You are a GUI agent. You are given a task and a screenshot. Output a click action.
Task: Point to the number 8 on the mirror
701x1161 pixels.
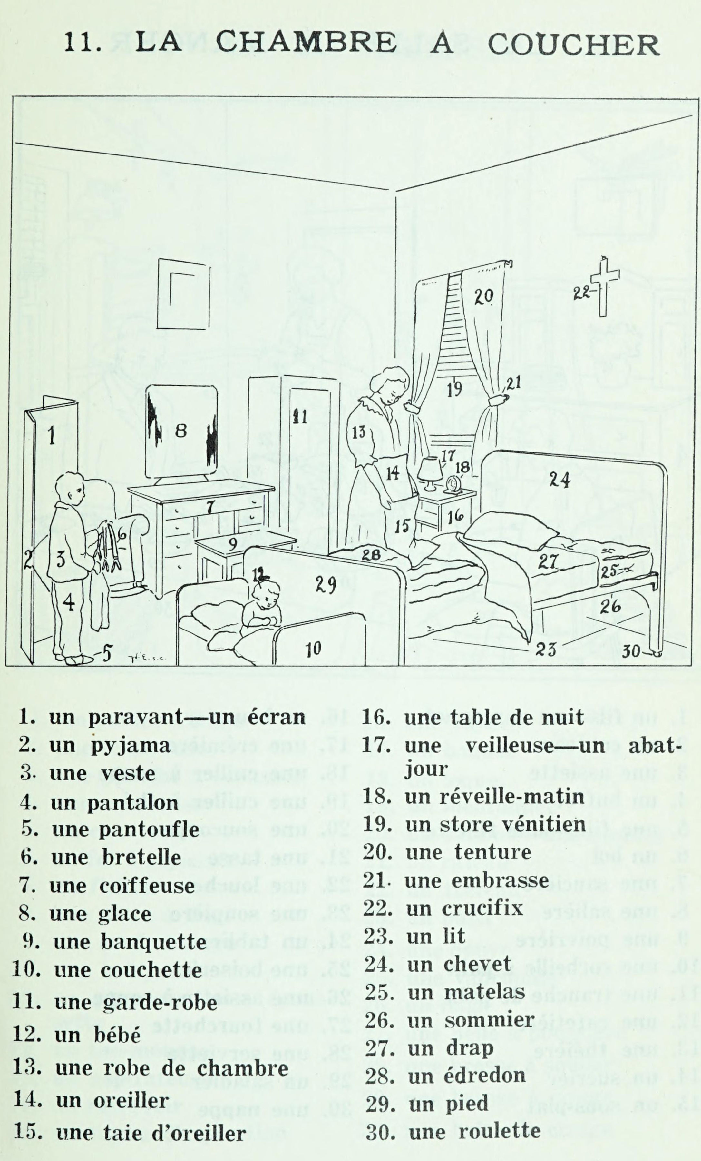[x=181, y=431]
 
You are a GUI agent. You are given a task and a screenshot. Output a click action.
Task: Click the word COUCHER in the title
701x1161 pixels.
[x=573, y=46]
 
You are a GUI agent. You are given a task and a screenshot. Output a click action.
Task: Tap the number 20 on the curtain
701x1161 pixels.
[x=483, y=296]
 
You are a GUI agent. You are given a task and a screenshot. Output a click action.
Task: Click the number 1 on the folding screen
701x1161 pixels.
[x=52, y=435]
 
